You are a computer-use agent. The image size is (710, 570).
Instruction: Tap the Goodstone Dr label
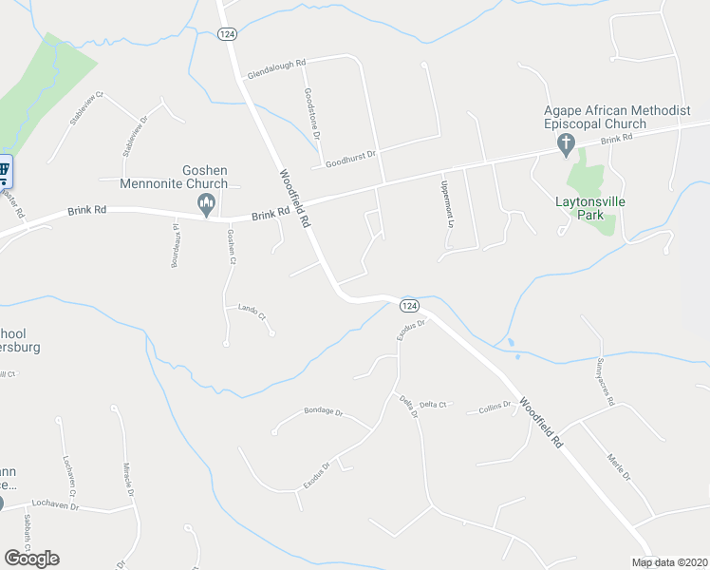(309, 114)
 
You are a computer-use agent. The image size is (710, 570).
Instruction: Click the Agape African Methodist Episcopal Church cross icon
(566, 143)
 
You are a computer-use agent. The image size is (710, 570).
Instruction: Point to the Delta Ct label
(432, 406)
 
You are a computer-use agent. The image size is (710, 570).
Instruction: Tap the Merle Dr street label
(618, 465)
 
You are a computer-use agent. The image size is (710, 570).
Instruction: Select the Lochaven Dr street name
(55, 504)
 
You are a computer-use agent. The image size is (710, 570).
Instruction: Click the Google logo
(31, 559)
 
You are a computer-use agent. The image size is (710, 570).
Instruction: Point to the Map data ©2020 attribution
(669, 562)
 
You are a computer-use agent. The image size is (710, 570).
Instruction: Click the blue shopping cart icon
(3, 172)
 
